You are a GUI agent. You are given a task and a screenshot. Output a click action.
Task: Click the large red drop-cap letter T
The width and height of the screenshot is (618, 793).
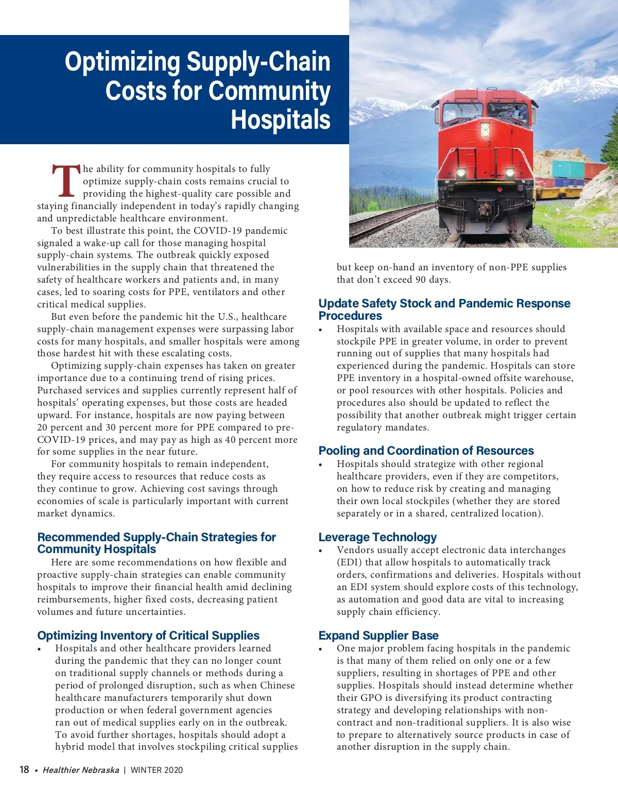click(66, 181)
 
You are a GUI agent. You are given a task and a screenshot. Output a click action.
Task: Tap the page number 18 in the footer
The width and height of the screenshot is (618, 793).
click(24, 769)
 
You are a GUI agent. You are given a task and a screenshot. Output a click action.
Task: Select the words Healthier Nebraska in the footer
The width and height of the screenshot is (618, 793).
click(81, 770)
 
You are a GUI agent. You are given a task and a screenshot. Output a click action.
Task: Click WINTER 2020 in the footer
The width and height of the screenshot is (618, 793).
click(157, 770)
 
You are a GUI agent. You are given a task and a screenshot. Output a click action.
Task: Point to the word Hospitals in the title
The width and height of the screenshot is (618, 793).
click(281, 119)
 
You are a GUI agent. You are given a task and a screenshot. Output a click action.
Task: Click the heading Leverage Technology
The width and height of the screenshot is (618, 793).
click(377, 537)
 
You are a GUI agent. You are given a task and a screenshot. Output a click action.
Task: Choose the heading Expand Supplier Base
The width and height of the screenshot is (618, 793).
click(379, 635)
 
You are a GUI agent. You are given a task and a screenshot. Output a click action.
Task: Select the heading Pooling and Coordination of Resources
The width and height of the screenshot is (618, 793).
click(426, 451)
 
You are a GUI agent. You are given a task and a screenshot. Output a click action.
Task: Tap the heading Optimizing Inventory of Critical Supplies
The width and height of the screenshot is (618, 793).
click(148, 635)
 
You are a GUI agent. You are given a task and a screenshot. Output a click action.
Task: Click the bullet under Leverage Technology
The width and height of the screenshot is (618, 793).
click(320, 551)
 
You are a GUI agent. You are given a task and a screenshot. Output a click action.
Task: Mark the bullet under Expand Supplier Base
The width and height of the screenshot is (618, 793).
click(320, 649)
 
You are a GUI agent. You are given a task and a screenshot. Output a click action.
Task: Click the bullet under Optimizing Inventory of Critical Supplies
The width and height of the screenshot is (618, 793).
click(39, 649)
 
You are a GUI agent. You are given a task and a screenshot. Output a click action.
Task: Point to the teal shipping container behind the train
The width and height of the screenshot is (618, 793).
click(568, 169)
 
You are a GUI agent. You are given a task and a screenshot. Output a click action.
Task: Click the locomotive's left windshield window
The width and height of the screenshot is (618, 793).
click(462, 112)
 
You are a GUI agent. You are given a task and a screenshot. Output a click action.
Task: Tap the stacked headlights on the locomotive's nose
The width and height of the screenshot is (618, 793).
click(485, 130)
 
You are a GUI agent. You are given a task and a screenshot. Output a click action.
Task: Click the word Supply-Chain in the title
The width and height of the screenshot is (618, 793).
click(258, 62)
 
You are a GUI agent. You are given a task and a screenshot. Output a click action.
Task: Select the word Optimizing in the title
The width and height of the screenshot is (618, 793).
click(122, 62)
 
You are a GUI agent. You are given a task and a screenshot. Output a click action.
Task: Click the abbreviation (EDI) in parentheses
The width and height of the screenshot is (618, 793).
click(349, 562)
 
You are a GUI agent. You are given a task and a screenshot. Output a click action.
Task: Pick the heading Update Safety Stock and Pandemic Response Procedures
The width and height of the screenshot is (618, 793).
click(444, 309)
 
